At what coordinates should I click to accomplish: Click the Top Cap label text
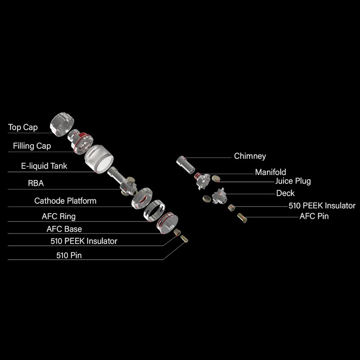click(23, 127)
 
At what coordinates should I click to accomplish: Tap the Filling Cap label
click(32, 146)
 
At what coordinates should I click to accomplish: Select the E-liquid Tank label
click(44, 166)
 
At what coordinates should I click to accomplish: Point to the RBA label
click(36, 183)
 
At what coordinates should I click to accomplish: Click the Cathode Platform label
click(65, 201)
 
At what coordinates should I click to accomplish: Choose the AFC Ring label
click(58, 216)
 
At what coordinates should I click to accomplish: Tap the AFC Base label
click(64, 229)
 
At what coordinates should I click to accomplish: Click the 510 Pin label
click(69, 255)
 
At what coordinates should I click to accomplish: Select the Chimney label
click(250, 156)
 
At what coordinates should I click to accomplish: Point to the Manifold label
click(270, 172)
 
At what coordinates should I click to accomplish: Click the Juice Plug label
click(293, 181)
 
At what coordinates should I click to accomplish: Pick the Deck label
click(285, 193)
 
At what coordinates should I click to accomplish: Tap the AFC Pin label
click(314, 216)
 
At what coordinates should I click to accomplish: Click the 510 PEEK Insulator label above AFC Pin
click(322, 206)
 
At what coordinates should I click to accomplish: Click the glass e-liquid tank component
click(99, 158)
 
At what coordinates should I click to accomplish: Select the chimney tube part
click(185, 165)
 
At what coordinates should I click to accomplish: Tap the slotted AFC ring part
click(154, 211)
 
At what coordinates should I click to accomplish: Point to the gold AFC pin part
click(242, 218)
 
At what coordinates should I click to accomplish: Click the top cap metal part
click(62, 125)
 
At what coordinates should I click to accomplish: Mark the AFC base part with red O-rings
click(167, 223)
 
